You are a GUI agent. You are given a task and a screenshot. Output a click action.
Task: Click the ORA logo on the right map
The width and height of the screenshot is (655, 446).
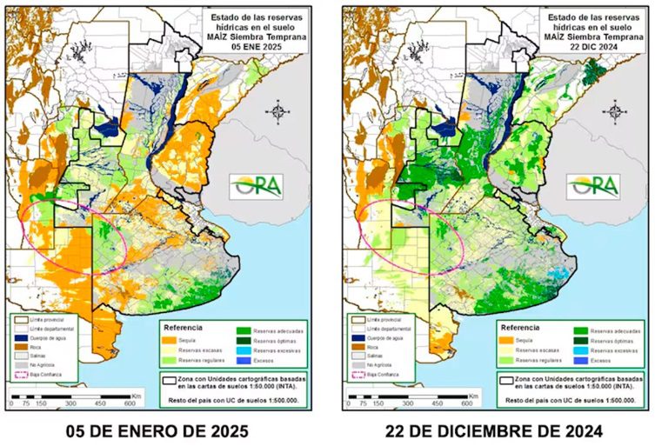point(593,185)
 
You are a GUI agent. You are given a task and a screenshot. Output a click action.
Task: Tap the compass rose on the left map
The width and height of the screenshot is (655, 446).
point(279,112)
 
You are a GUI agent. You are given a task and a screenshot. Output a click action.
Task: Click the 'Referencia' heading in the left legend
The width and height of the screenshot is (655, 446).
point(185,328)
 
